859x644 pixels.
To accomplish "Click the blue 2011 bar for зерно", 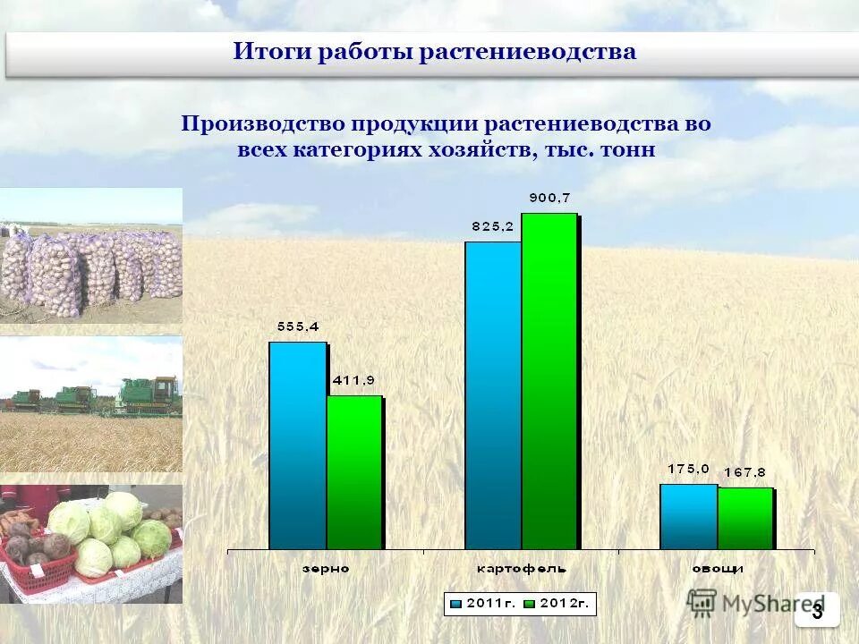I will point(297,445).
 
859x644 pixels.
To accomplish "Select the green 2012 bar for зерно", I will point(353,472).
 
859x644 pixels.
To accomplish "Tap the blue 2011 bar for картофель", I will point(492,395).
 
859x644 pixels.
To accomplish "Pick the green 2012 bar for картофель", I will point(549,381).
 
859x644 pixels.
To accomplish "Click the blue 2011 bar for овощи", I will point(688,517).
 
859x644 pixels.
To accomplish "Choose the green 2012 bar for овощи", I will point(744,519).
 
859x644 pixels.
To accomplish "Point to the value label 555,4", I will point(298,327).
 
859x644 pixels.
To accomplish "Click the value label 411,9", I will point(354,381).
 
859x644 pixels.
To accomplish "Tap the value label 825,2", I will point(493,227).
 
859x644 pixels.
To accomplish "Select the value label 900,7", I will point(549,198).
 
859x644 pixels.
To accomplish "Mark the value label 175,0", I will point(689,469).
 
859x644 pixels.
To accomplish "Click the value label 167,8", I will point(745,473).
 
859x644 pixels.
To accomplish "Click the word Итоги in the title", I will point(264,52).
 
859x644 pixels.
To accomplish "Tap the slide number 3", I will point(817,611).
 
